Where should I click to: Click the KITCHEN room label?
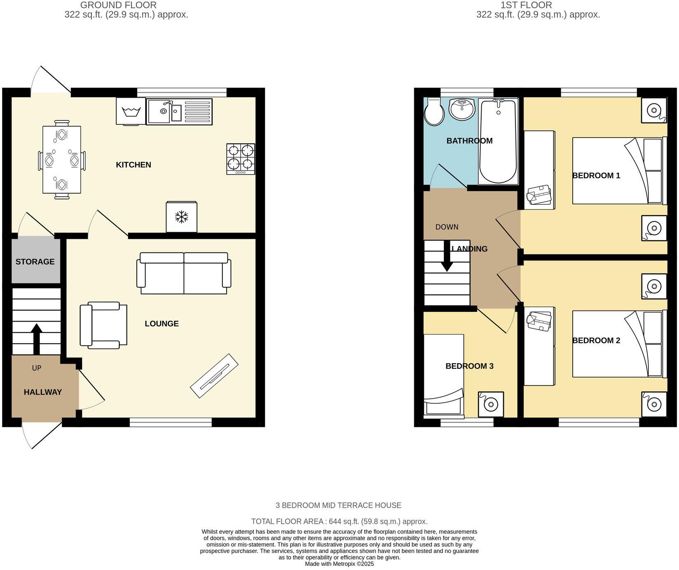coord(133,165)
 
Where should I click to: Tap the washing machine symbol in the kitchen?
coord(131,111)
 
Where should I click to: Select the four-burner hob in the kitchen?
coord(241,159)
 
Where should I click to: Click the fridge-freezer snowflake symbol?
coord(181,217)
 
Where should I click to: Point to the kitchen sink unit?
coord(179,112)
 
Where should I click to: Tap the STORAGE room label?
coord(35,262)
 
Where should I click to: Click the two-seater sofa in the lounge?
coord(184,273)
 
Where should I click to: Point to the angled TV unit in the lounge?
coord(214,376)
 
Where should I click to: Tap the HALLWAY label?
coord(43,392)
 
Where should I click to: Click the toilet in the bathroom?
coord(434,112)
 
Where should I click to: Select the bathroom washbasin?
coord(462,110)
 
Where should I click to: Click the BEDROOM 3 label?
coord(469,366)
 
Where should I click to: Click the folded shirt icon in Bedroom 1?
coord(539,194)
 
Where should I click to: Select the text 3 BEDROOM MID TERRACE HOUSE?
coord(338,505)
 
